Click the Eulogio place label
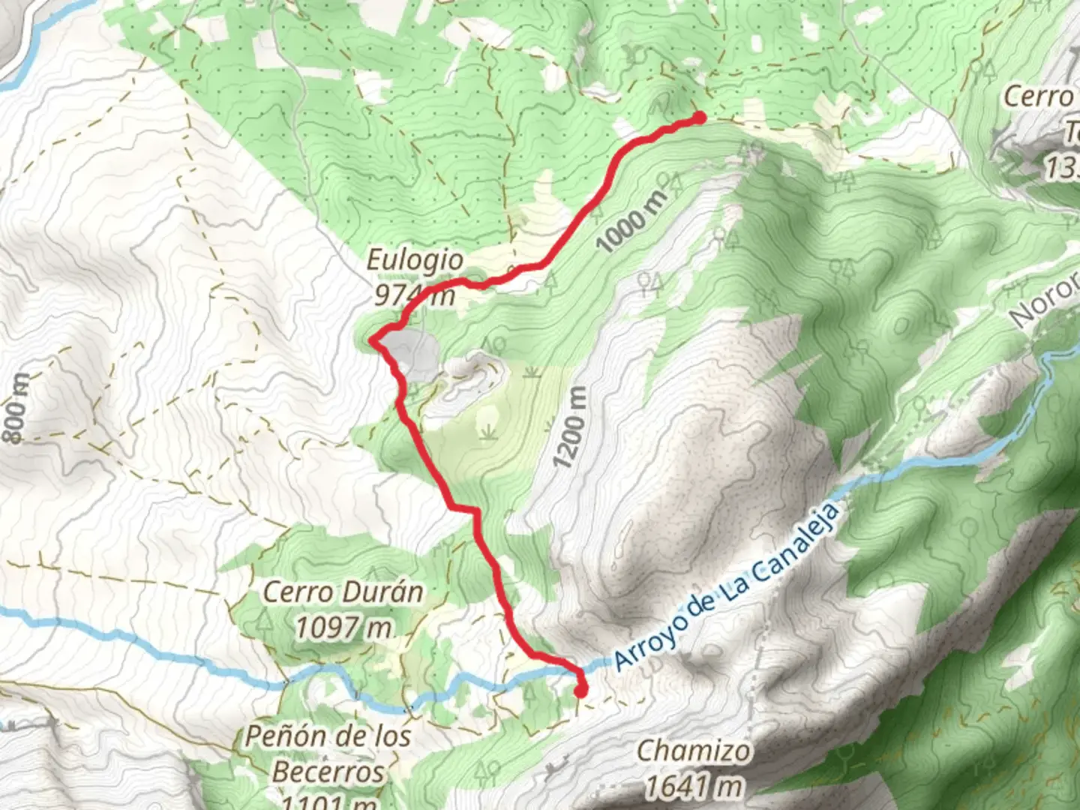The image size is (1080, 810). (415, 260)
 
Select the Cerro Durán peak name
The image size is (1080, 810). (343, 592)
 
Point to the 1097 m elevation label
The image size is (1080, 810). (343, 627)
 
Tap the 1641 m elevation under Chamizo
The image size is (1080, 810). (694, 786)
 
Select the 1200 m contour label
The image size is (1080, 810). (569, 428)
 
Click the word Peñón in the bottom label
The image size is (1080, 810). (280, 736)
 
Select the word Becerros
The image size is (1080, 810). (328, 771)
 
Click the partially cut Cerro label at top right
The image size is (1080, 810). (1039, 96)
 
